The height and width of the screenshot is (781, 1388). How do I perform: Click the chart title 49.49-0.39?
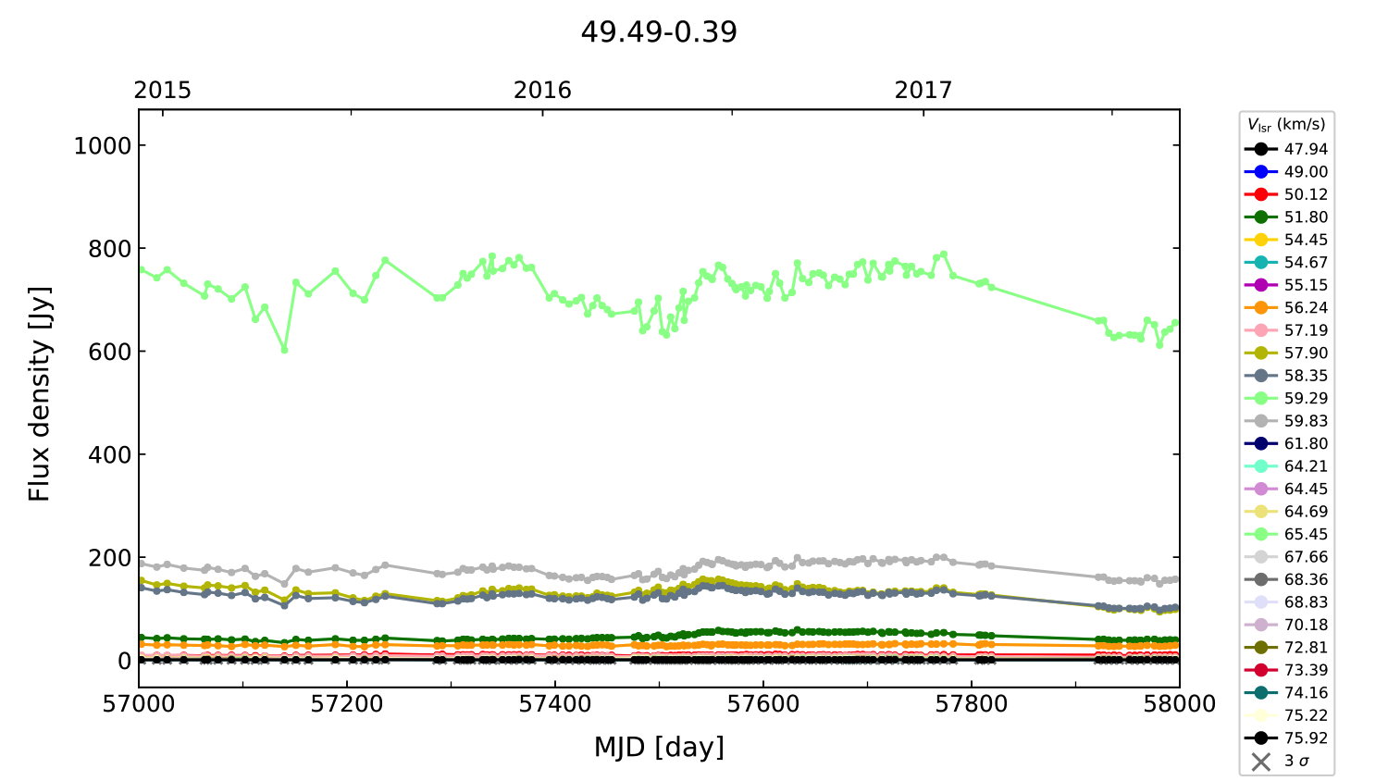[659, 32]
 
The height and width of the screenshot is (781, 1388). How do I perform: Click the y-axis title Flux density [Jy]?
[39, 394]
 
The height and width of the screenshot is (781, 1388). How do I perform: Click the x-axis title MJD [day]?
[659, 747]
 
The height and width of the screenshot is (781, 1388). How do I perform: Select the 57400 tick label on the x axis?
[555, 704]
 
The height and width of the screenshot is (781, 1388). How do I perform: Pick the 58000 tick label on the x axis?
[1179, 704]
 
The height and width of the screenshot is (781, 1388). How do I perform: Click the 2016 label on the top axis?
[542, 90]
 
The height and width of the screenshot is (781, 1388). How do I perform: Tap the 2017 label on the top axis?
[923, 90]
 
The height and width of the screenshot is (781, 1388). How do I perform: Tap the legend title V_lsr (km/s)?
[1286, 125]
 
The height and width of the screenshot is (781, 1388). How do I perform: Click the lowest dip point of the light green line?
[284, 350]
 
